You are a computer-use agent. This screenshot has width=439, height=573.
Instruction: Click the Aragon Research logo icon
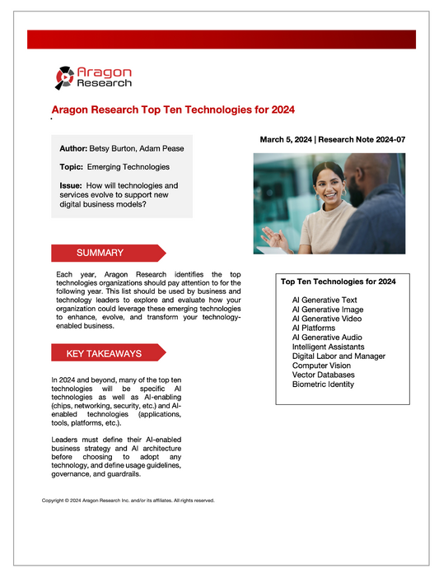click(x=65, y=77)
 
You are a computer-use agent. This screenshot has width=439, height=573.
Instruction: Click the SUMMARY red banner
click(x=100, y=253)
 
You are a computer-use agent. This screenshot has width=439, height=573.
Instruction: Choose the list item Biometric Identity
click(x=323, y=384)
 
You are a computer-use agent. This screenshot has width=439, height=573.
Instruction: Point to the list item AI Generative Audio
click(x=327, y=338)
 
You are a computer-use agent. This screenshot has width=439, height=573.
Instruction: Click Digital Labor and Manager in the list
click(x=339, y=356)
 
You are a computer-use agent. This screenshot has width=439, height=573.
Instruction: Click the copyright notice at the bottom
click(x=128, y=500)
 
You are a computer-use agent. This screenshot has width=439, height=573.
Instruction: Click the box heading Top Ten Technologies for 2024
click(x=339, y=282)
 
